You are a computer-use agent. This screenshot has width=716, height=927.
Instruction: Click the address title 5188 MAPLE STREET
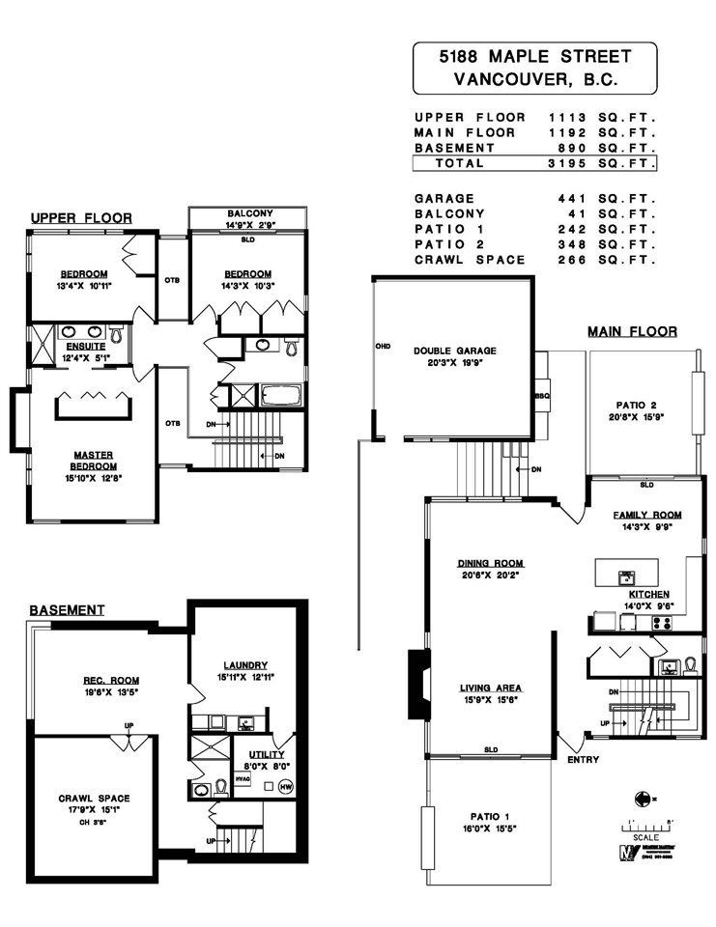534,59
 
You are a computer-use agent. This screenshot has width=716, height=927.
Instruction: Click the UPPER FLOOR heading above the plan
81,218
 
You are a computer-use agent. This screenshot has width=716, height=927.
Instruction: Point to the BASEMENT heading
67,610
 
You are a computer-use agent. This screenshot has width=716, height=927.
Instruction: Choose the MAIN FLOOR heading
632,332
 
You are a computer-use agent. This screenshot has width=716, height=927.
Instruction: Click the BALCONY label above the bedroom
250,213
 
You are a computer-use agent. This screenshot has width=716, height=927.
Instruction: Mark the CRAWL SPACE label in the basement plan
94,798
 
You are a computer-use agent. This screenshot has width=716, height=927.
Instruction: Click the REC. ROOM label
111,681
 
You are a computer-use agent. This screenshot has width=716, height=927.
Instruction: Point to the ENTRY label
584,760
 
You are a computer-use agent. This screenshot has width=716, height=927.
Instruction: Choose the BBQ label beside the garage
542,395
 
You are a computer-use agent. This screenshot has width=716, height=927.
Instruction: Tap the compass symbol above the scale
642,798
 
